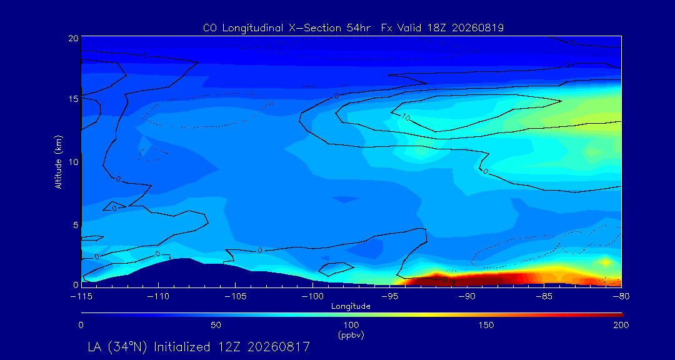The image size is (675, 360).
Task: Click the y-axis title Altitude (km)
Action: tap(58, 162)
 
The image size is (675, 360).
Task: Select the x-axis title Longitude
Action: tap(351, 307)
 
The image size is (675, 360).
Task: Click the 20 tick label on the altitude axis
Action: tap(72, 38)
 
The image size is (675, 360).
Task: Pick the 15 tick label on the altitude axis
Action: tap(72, 99)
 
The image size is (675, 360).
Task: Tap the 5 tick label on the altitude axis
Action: tap(76, 225)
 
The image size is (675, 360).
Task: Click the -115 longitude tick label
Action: tap(81, 297)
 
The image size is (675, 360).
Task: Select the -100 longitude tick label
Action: tap(312, 297)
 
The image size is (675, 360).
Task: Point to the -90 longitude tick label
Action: tap(467, 297)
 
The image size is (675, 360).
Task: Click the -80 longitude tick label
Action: tap(621, 297)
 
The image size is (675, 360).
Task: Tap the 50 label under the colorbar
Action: tap(216, 325)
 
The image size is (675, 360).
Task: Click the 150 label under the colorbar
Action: tap(486, 325)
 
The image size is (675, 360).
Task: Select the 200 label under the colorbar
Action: tap(622, 325)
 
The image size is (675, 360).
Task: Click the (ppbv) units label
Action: tap(351, 336)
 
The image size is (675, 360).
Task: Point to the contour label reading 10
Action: tap(406, 117)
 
